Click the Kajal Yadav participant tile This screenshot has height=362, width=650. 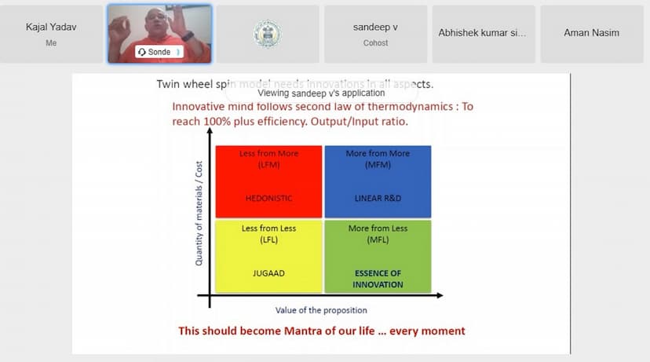point(51,35)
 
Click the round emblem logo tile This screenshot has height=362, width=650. point(267,34)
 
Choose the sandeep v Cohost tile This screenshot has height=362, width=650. point(375,34)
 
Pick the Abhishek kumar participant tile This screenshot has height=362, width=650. point(483,34)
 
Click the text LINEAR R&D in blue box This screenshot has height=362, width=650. point(378,199)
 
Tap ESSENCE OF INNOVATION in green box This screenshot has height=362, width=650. point(378,279)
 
